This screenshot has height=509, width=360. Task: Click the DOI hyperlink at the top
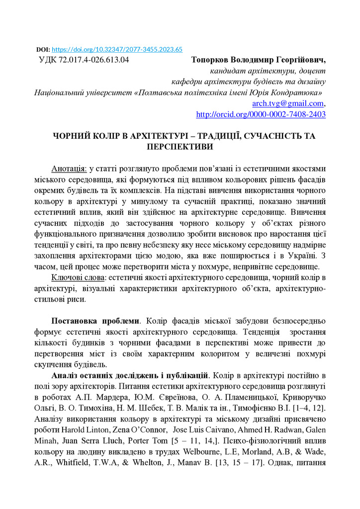tap(117, 50)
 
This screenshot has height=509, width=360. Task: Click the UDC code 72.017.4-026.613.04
tap(84, 60)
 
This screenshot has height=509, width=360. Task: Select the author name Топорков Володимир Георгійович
tap(258, 60)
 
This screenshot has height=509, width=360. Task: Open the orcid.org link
tap(261, 114)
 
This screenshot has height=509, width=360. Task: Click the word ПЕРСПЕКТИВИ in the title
tap(180, 147)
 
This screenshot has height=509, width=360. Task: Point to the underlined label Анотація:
tap(69, 168)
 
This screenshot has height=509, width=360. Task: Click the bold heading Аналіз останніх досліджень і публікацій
tap(130, 375)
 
